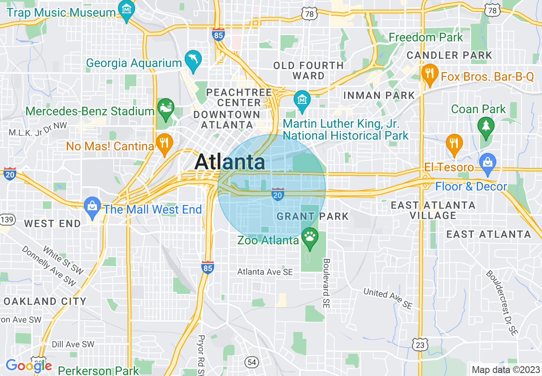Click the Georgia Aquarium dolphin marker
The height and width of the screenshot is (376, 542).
[193, 59]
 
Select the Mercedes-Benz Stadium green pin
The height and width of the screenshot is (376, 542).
[165, 108]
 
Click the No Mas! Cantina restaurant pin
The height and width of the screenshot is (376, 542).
[164, 143]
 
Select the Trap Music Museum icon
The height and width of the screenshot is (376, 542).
[127, 9]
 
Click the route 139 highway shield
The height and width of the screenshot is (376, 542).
[7, 220]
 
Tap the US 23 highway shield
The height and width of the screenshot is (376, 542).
[420, 344]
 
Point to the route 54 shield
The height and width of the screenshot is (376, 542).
[252, 362]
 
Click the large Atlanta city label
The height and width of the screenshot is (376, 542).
[230, 162]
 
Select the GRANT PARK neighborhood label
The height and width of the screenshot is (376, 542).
[312, 216]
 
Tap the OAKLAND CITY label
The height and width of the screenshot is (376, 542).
[45, 301]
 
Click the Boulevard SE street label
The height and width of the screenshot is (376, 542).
[327, 283]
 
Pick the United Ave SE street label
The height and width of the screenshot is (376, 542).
[388, 298]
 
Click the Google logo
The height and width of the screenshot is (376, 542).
[28, 366]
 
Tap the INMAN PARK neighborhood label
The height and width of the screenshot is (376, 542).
[379, 95]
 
